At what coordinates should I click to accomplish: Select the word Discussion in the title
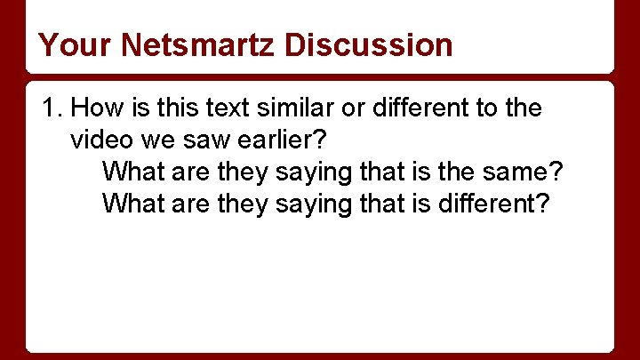369,44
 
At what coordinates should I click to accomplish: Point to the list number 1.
52,108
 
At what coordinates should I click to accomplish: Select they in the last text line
240,204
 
